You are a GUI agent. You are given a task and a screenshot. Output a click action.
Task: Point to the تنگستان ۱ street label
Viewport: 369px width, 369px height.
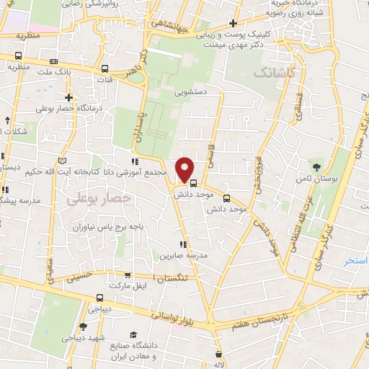click(x=173, y=277)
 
